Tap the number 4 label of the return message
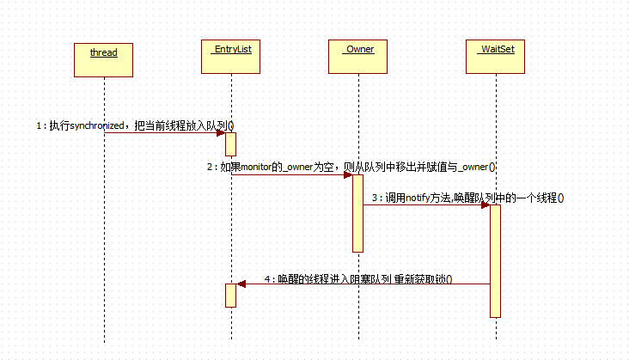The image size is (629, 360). [x=268, y=279]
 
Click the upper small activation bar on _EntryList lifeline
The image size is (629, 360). [x=230, y=143]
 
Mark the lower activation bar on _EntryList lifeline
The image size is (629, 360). [x=230, y=295]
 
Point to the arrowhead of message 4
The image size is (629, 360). [x=241, y=284]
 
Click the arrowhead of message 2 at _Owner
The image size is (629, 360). [x=347, y=175]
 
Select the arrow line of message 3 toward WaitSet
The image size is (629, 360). [x=425, y=205]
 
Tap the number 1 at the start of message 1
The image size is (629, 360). [x=39, y=125]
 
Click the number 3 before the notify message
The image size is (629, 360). [x=375, y=198]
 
